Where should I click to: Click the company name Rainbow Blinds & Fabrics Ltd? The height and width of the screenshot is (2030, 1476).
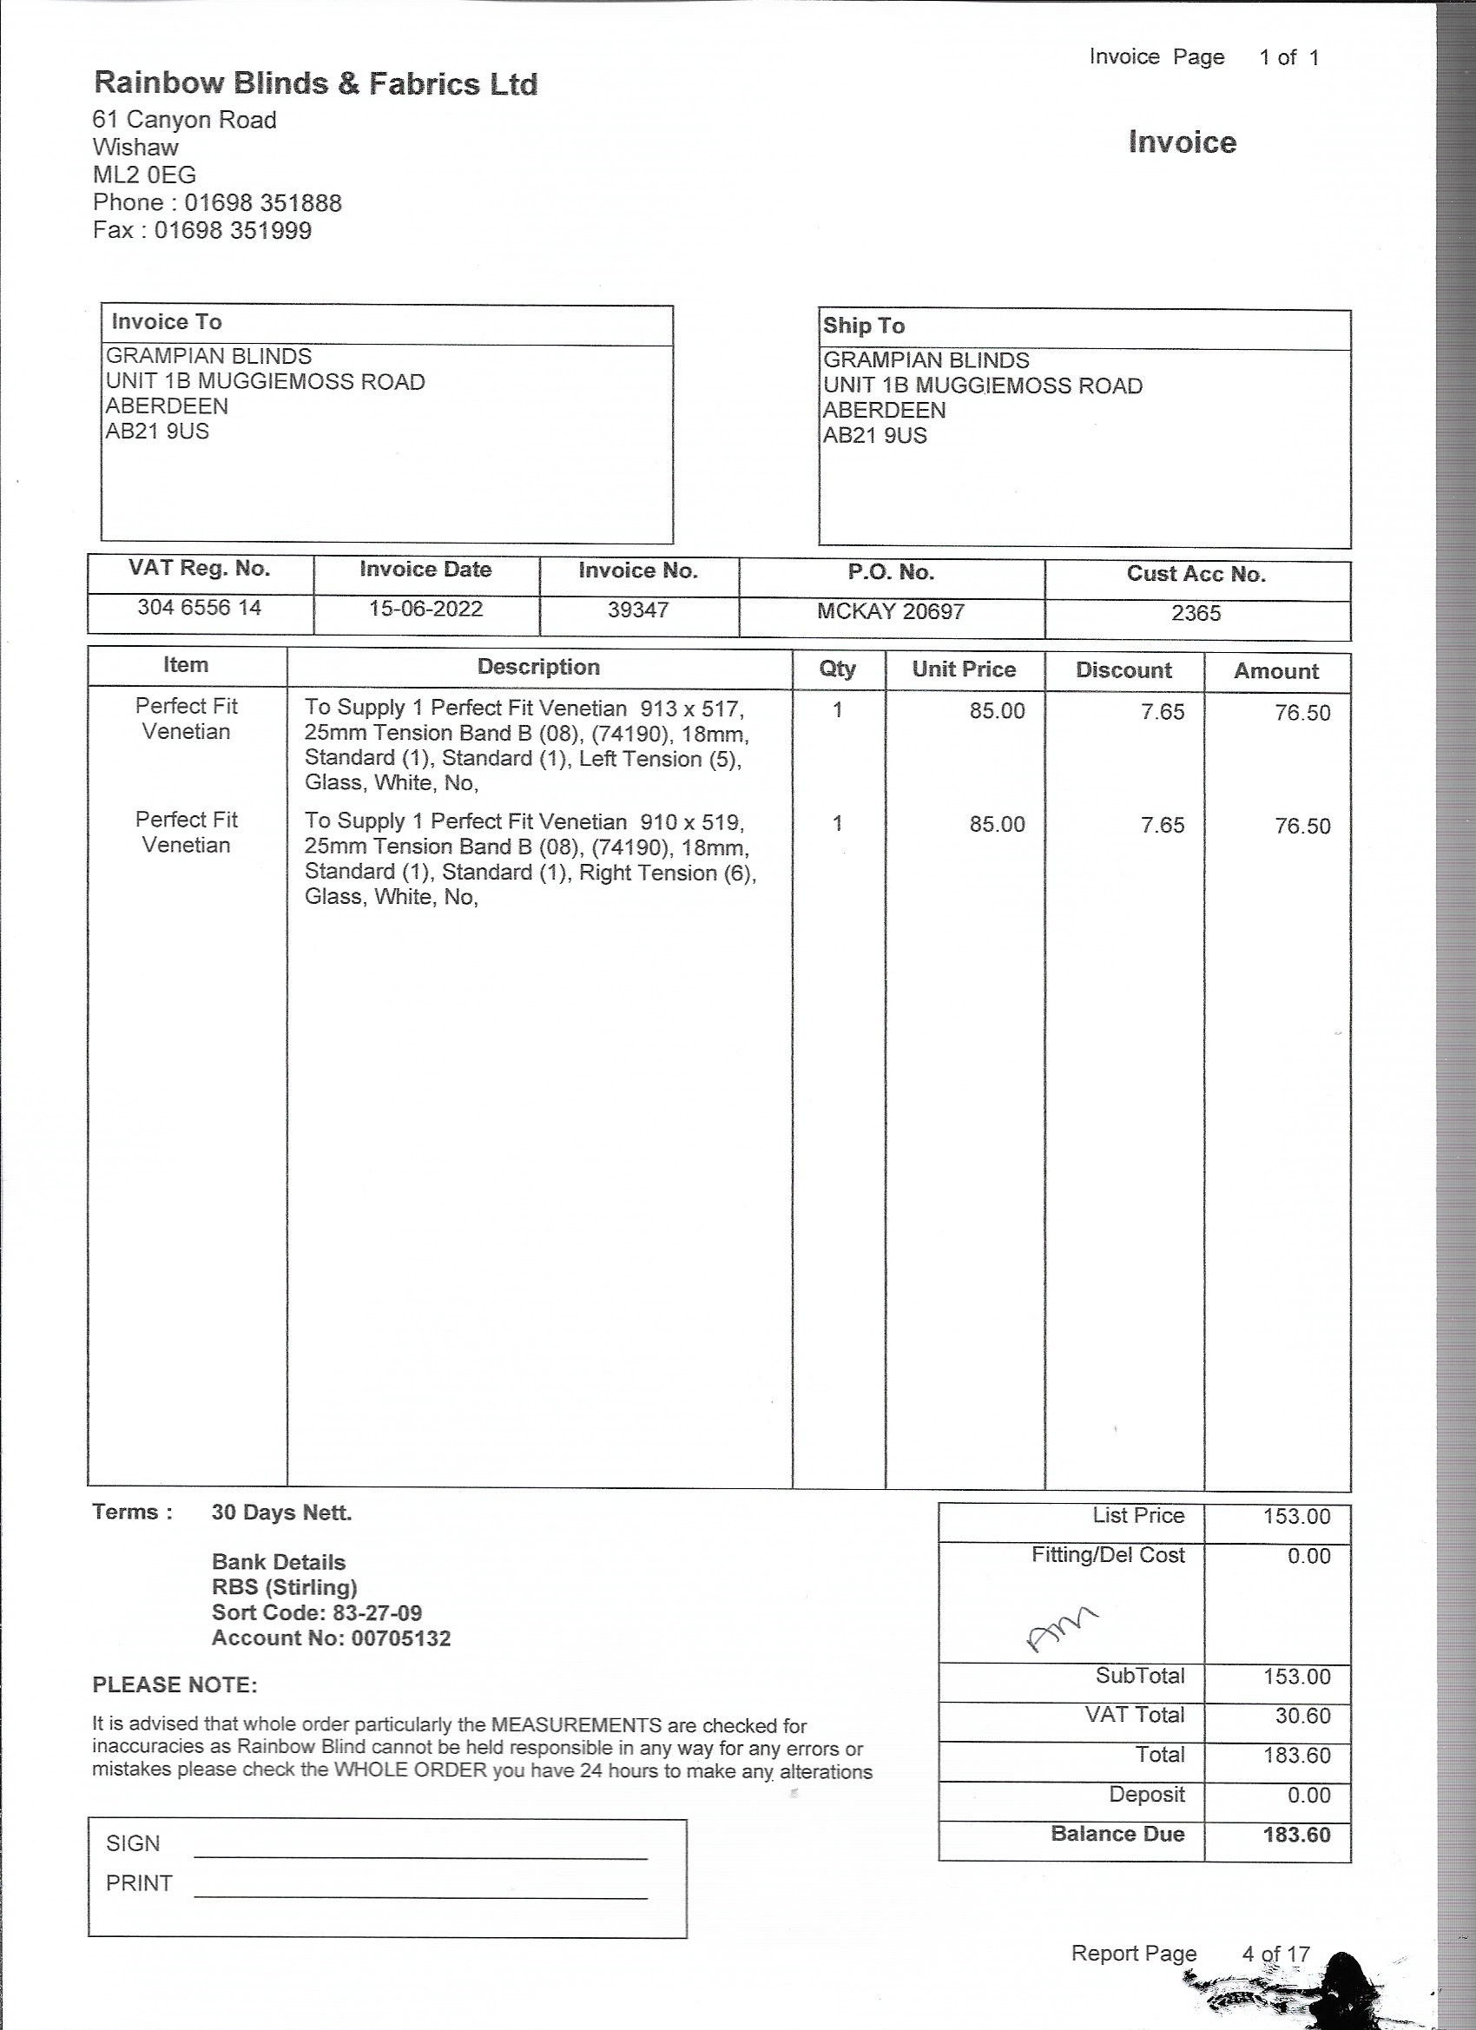coord(315,84)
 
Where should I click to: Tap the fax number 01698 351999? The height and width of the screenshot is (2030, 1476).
coord(233,231)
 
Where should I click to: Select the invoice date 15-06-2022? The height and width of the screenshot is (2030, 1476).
coord(425,610)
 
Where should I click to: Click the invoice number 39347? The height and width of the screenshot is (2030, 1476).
coord(638,610)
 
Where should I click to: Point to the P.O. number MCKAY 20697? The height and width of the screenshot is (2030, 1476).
coord(891,612)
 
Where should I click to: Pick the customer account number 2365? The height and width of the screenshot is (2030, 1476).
coord(1196,614)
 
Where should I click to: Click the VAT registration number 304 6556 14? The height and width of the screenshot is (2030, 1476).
coord(199,608)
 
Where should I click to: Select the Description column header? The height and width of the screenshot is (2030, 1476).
coord(538,667)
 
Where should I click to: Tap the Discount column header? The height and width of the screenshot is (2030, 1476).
coord(1123,670)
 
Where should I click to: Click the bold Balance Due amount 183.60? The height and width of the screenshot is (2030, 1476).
coord(1296,1835)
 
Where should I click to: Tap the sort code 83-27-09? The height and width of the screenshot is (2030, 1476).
coord(377,1613)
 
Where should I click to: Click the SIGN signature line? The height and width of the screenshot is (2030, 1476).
coord(420,1855)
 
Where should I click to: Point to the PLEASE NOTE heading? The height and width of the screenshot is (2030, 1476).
coord(175,1685)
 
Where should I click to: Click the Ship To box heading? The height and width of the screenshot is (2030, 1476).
coord(864,326)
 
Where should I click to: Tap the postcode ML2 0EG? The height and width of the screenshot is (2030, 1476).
coord(144,175)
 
